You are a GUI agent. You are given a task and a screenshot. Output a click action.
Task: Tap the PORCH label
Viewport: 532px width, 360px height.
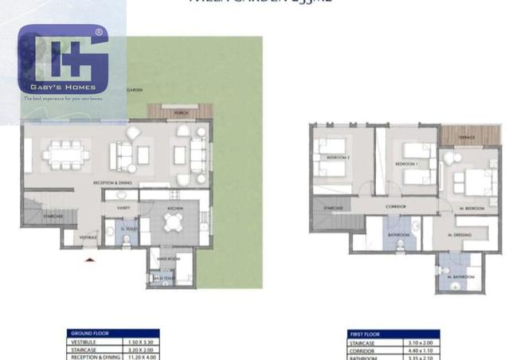click(180, 115)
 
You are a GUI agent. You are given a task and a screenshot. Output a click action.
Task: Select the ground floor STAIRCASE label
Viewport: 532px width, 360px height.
click(53, 215)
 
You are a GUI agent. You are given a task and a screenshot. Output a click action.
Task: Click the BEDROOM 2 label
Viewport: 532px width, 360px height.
click(338, 158)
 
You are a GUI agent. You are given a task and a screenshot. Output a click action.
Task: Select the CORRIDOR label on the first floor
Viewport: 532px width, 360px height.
click(397, 206)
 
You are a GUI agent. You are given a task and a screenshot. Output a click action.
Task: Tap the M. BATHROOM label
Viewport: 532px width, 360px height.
click(461, 276)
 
